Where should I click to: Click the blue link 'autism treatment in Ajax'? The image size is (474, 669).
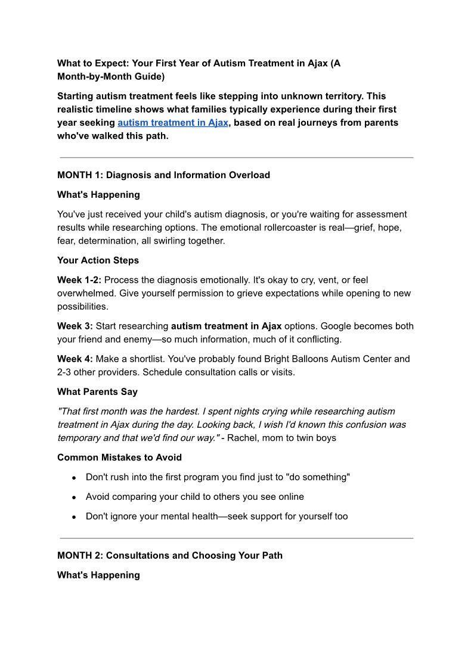(x=172, y=123)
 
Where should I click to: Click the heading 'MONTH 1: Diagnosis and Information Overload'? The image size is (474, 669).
(x=163, y=175)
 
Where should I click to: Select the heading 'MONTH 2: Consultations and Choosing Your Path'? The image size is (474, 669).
(x=170, y=555)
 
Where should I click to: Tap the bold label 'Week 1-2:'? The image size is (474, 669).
(x=79, y=280)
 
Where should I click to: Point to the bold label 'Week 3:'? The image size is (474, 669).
(x=75, y=326)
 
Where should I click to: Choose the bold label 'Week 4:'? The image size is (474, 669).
(x=75, y=359)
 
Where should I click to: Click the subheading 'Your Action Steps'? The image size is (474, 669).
(x=98, y=260)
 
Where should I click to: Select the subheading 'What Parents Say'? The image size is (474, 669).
(x=97, y=392)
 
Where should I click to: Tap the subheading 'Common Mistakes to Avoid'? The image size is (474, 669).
(x=119, y=458)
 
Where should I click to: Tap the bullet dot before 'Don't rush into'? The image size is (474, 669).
(x=73, y=478)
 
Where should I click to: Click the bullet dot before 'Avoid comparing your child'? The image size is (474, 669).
(x=73, y=497)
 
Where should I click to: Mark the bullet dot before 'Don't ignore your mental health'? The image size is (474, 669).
(x=73, y=517)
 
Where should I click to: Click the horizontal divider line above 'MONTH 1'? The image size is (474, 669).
(x=237, y=158)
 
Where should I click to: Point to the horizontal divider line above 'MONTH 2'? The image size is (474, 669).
(x=237, y=539)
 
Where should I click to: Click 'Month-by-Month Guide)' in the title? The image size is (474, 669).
(x=111, y=77)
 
